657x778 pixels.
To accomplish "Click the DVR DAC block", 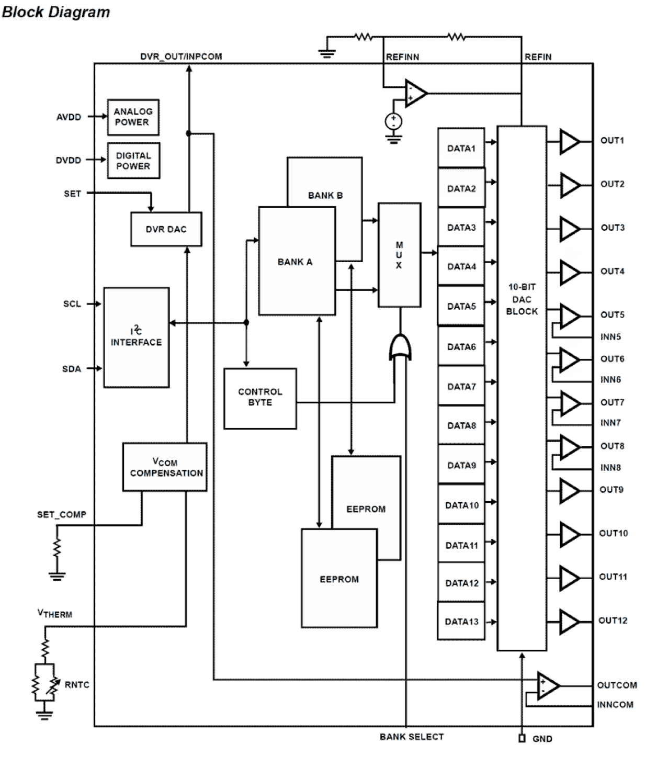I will point(166,229).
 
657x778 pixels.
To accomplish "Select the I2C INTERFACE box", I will point(136,337).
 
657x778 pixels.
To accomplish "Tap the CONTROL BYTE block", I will point(260,398).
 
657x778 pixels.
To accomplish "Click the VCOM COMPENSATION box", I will point(165,467).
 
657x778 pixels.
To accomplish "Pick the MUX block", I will point(399,255).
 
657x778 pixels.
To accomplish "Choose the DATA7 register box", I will point(461,387).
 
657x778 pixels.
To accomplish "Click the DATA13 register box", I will point(461,622).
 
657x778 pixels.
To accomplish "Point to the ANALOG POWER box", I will point(133,117).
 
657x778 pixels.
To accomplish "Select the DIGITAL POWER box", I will point(133,161).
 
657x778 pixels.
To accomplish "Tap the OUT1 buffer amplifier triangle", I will point(569,142).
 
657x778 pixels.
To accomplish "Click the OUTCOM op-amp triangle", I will point(548,685).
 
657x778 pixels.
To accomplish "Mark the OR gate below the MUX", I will point(400,347).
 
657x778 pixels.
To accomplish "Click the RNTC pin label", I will point(77,684).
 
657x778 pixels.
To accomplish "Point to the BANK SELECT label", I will point(412,737).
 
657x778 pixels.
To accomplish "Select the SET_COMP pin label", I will point(62,514).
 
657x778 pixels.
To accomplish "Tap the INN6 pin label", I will point(610,380).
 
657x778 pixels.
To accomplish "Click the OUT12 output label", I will point(613,621).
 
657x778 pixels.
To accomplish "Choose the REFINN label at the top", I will point(402,57).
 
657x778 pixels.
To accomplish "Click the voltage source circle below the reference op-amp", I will point(393,122).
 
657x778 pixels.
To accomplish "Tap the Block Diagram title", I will point(56,12).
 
